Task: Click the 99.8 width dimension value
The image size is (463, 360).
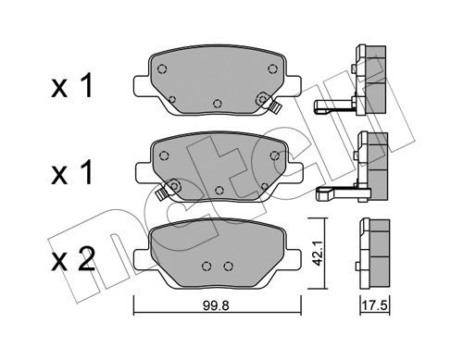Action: [x=216, y=305]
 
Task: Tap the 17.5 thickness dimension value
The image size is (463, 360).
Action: [x=374, y=305]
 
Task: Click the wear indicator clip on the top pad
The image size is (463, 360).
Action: [x=274, y=107]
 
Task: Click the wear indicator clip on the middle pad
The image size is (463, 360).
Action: [x=161, y=194]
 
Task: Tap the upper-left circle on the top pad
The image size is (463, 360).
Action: [x=162, y=68]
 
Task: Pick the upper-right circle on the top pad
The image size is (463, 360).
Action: [x=272, y=68]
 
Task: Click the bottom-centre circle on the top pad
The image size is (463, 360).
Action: [x=218, y=104]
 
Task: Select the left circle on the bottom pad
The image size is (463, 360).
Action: [x=206, y=266]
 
